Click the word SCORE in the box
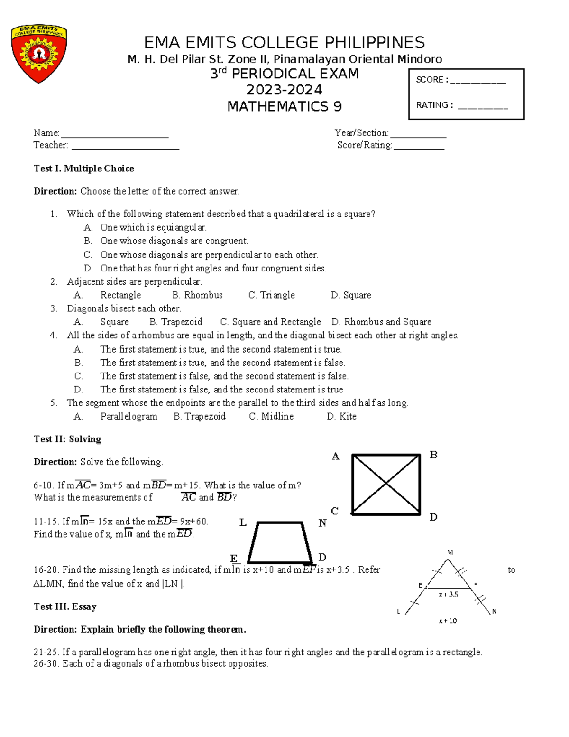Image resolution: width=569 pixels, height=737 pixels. coord(429,80)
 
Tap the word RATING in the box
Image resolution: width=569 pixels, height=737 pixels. coord(432,105)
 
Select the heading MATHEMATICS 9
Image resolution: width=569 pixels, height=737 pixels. coord(284,106)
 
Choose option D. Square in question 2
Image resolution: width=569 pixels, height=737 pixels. coord(351,295)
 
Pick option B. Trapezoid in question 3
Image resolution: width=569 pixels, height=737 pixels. coord(176,322)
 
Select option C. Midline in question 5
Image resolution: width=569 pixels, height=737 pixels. coord(271,416)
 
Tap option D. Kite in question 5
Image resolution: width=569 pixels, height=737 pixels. coord(341,416)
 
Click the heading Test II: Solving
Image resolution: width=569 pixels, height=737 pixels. coord(67,439)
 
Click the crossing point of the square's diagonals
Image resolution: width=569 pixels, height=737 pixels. coord(386,484)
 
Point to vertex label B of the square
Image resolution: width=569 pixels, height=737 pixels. coord(433,455)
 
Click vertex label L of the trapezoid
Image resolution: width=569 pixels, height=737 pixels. coord(243,523)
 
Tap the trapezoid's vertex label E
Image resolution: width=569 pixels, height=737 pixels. coord(234,559)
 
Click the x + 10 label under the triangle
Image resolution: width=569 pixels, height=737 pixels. coord(448,621)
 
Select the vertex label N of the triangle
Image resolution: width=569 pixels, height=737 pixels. coord(494,611)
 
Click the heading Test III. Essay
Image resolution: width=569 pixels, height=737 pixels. coord(65,606)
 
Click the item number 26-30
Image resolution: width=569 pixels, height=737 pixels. coord(46,663)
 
